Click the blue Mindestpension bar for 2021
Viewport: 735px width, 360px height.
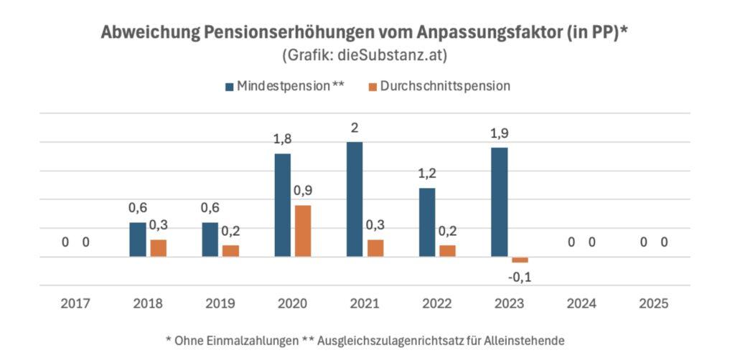pyautogui.click(x=355, y=199)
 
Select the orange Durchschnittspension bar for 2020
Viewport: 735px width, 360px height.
pyautogui.click(x=303, y=230)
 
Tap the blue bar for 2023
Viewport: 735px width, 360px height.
pyautogui.click(x=499, y=202)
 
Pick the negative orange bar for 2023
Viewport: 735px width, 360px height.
pyautogui.click(x=520, y=260)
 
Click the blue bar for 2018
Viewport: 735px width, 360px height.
pyautogui.click(x=138, y=239)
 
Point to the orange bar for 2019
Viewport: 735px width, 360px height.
pyautogui.click(x=230, y=250)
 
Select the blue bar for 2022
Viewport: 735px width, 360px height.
pyautogui.click(x=427, y=222)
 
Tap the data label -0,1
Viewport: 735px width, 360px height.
pyautogui.click(x=520, y=277)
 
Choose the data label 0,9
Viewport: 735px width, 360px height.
pyautogui.click(x=303, y=191)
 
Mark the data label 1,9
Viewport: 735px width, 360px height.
pyautogui.click(x=499, y=133)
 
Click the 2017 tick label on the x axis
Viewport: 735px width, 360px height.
pyautogui.click(x=75, y=303)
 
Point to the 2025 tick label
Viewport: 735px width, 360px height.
pyautogui.click(x=654, y=303)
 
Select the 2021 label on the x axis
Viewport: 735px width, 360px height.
pyautogui.click(x=365, y=303)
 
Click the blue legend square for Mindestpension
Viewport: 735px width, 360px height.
pyautogui.click(x=229, y=87)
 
